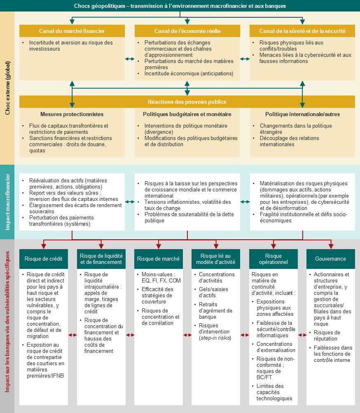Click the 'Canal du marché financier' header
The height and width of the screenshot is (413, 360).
point(72,31)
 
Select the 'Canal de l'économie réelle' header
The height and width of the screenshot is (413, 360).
point(187,31)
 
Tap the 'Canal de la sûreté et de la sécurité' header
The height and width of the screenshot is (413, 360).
point(302,31)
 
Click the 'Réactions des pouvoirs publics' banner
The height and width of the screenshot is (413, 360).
point(187,102)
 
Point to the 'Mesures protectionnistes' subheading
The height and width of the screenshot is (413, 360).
point(72,114)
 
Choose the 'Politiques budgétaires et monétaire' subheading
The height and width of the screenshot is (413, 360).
point(187,114)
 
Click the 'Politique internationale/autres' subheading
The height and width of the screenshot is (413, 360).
point(303,114)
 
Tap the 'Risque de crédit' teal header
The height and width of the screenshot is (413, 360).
point(44,259)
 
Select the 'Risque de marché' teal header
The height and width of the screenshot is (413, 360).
point(159,259)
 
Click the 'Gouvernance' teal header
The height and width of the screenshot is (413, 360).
point(330,259)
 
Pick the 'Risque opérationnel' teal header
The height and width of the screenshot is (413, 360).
point(273,259)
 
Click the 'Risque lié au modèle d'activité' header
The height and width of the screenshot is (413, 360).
point(216,259)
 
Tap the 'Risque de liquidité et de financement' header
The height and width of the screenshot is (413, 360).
point(101,259)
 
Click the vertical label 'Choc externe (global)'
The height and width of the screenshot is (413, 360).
point(7,88)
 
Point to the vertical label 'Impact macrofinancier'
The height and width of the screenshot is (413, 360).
point(7,202)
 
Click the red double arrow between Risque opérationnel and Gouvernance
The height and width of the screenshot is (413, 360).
point(302,335)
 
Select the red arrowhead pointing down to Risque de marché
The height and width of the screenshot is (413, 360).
point(159,246)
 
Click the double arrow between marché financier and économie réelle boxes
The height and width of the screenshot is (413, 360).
point(130,59)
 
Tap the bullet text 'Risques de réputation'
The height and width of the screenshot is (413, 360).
point(327,336)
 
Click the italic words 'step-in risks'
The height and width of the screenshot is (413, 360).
point(215,338)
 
